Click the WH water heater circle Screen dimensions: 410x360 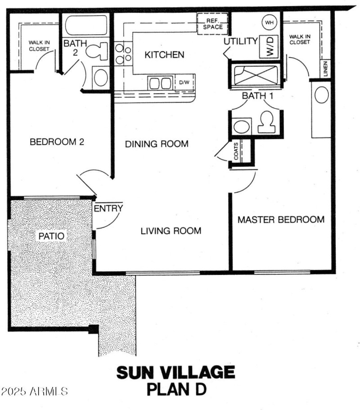coord(269,22)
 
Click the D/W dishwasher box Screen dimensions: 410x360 coord(184,82)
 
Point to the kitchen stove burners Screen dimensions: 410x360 coord(122,53)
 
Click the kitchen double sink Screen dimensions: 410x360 coord(160,83)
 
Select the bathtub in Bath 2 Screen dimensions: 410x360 coord(86,26)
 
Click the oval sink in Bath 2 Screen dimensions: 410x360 coord(100,77)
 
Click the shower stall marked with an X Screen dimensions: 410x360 coord(255,75)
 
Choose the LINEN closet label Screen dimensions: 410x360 coord(325,68)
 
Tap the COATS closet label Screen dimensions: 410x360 coord(236,153)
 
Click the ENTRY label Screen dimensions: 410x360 coord(108,208)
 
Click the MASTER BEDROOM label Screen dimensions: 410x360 coord(281,220)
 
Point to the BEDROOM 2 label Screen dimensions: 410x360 coord(57,142)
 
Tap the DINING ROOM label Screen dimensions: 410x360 coord(156,144)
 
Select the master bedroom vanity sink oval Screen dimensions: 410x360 coord(321,95)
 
